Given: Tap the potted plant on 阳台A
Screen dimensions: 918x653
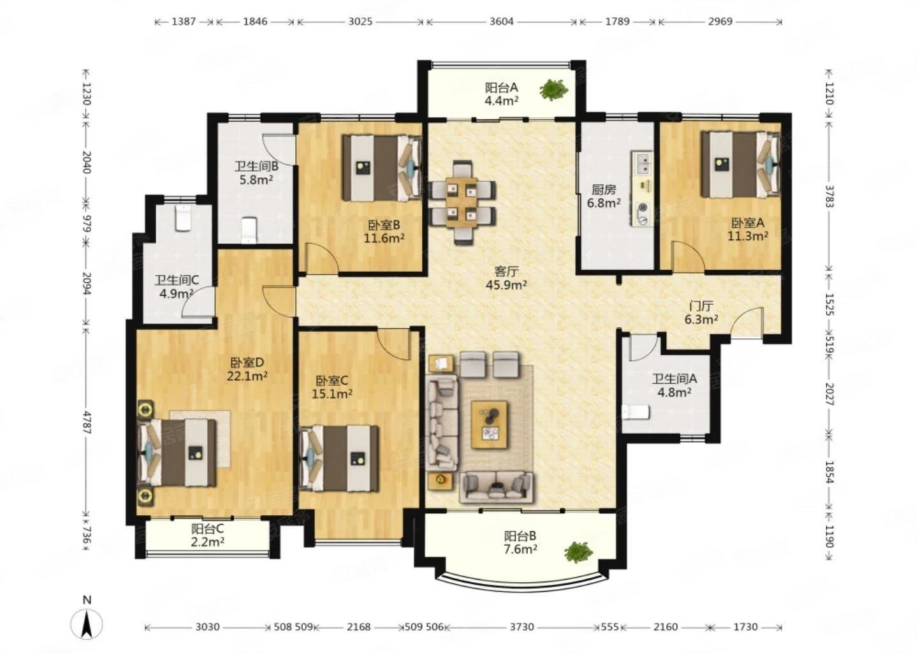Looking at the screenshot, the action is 553,90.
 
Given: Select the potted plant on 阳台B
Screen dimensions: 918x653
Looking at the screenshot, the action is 578,552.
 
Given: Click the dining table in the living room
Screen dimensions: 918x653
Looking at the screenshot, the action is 462,203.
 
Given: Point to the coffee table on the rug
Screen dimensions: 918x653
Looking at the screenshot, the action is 490,425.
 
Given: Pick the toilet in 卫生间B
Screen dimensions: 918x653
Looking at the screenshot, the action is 249,231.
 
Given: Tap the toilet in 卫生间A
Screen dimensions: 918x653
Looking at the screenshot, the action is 636,412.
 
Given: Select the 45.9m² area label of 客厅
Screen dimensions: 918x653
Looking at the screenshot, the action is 506,284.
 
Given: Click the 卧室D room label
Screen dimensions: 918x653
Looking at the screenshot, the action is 247,362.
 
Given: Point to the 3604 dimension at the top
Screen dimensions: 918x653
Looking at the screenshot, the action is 502,21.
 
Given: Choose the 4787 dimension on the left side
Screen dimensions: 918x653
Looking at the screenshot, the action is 87,422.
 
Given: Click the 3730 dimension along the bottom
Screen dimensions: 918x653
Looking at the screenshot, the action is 522,627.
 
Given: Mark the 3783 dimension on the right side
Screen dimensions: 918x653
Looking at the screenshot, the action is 829,196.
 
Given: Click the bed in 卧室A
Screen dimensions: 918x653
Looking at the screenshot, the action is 740,164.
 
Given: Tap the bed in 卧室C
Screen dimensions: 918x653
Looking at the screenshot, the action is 339,458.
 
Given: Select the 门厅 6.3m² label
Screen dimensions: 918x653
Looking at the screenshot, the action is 701,312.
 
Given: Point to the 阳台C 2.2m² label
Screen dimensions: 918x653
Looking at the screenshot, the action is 207,535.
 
